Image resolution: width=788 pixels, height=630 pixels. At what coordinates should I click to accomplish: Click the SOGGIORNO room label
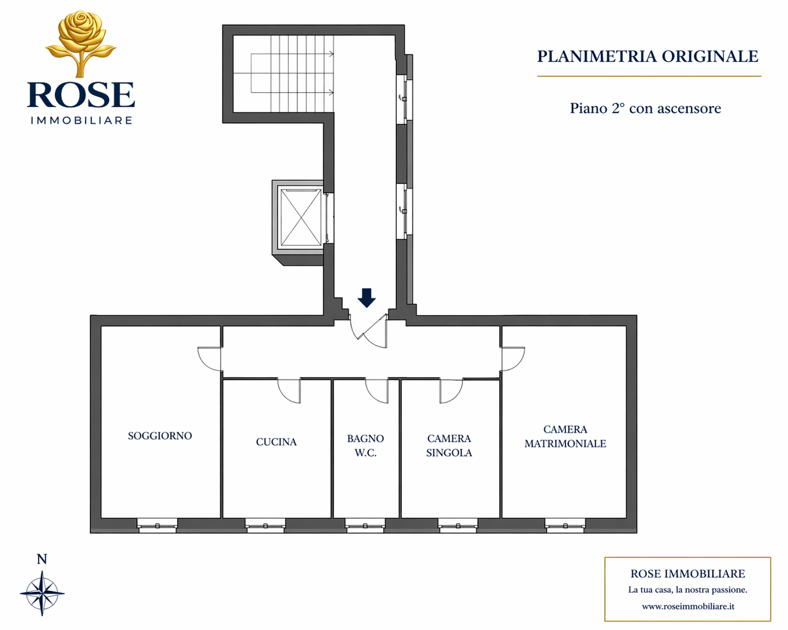pos(160,436)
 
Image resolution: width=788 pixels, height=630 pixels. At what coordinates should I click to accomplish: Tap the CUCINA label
pos(276,442)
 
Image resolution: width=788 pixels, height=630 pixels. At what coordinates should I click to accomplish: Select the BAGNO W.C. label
pos(365,446)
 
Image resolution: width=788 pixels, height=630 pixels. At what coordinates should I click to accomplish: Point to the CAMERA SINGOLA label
pos(449,446)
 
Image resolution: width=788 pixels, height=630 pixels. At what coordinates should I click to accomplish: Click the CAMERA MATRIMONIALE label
pos(565,436)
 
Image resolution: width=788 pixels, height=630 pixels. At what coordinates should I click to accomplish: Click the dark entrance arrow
pos(366,298)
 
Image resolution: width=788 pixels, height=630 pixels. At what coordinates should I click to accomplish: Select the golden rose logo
pos(81,43)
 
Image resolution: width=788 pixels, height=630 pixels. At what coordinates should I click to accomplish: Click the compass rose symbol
pos(42,594)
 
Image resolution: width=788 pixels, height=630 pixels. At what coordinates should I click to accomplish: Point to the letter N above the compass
pos(42,559)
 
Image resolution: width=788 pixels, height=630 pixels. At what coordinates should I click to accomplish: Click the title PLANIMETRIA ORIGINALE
pos(647,56)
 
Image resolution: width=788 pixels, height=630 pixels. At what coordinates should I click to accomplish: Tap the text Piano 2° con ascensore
pos(645,108)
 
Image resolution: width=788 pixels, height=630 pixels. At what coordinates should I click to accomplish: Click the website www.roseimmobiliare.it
pos(688,606)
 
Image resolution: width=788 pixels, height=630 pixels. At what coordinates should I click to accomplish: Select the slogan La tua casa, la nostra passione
pos(687,590)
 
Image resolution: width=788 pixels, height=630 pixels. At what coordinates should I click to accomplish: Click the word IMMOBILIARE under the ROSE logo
pos(81,120)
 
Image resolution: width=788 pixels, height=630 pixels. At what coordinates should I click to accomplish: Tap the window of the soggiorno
pos(157,526)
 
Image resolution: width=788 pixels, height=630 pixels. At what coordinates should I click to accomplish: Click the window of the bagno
pos(365,526)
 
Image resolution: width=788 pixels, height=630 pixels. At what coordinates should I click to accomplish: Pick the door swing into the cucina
pos(289,391)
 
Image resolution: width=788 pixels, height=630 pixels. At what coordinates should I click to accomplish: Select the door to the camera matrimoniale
pos(513,359)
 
